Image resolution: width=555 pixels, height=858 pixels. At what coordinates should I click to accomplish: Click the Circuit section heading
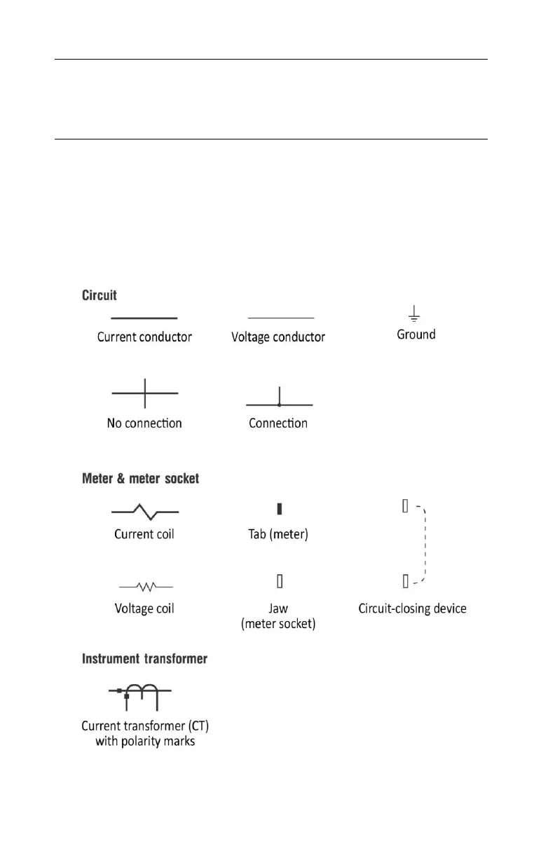coord(100,296)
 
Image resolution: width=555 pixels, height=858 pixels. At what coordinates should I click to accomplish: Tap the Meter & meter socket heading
coord(140,479)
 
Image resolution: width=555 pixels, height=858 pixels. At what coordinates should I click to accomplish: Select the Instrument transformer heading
coord(144,659)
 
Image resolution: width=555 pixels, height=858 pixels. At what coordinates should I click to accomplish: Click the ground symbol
coord(415,313)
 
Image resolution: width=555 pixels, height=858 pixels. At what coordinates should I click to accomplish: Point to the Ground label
coord(416,334)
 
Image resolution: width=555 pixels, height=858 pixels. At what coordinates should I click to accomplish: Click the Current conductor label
coord(144,336)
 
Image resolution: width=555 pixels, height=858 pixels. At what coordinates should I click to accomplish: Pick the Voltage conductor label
coord(278,336)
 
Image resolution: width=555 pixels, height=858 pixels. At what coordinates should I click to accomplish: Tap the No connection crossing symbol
coord(145,393)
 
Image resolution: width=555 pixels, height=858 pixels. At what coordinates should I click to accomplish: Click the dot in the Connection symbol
coord(279,404)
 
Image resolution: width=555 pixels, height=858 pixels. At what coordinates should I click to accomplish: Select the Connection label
coord(278,423)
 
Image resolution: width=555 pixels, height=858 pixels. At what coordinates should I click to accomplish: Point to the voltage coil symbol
coord(146,584)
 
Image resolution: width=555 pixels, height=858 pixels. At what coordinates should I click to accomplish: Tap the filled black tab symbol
coord(279,508)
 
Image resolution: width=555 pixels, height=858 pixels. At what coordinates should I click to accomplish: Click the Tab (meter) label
coord(278,534)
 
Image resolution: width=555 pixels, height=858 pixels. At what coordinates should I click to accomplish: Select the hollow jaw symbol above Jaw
coord(279,580)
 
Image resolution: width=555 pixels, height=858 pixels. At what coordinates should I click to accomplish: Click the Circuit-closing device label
coord(412,608)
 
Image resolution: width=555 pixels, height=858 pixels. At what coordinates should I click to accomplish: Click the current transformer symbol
coord(140,694)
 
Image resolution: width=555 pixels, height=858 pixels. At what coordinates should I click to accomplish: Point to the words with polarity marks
coord(145,741)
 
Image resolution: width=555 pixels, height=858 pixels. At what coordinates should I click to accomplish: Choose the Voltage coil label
coord(144,608)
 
